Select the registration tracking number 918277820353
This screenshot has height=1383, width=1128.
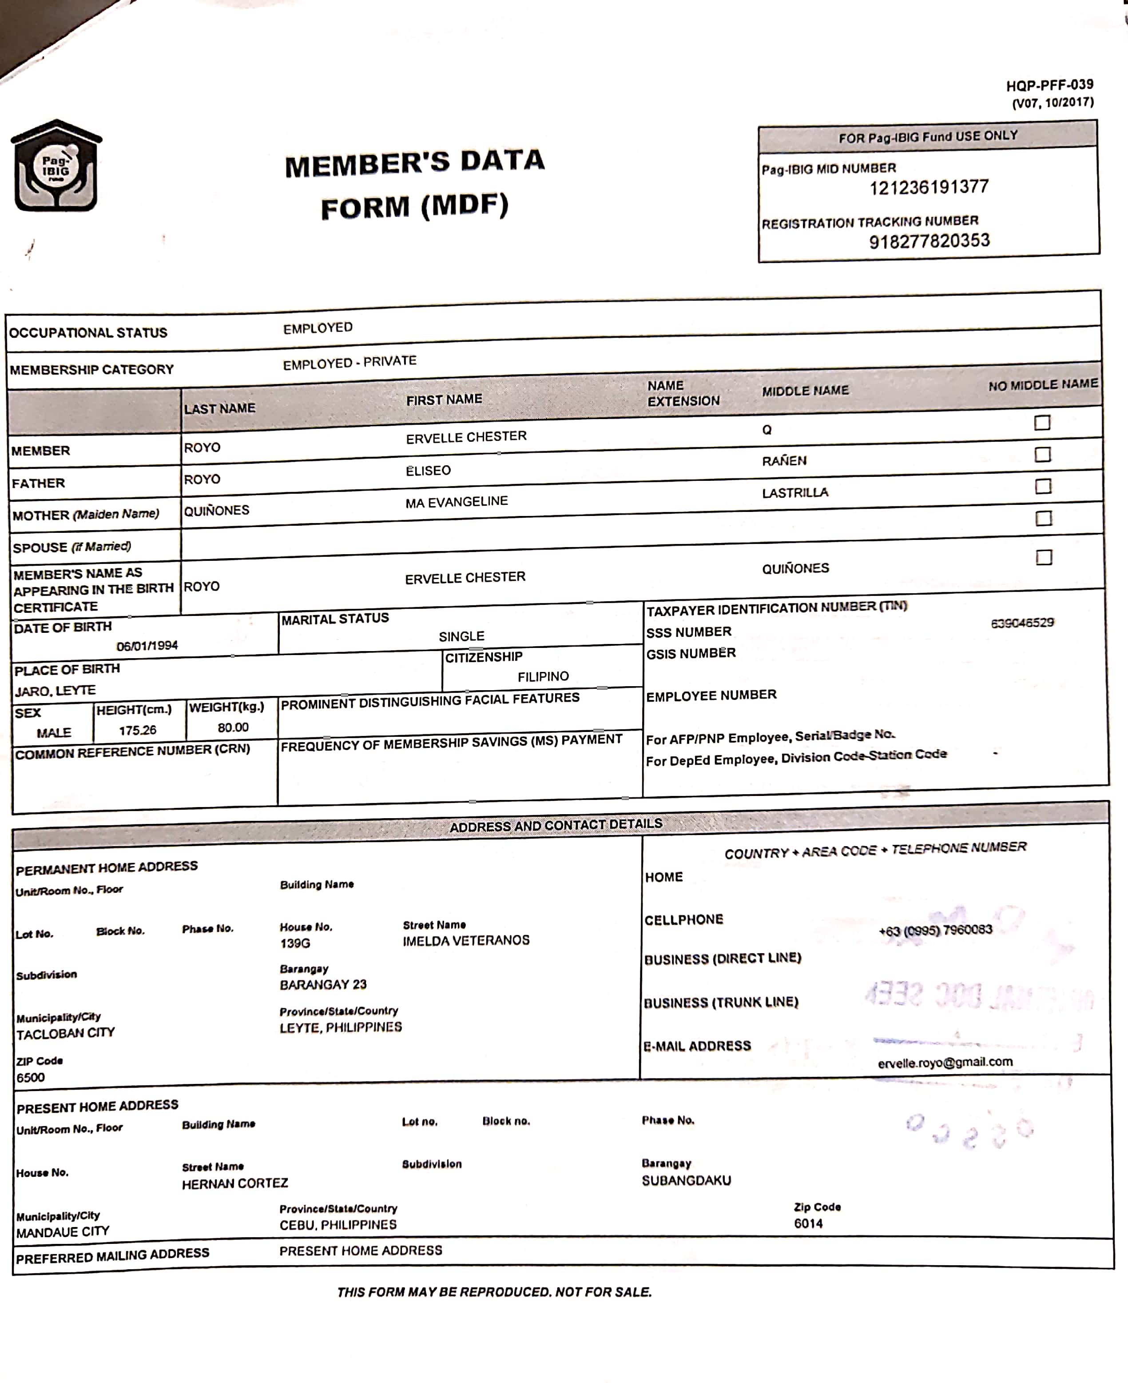click(929, 242)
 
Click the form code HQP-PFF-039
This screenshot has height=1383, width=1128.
click(1049, 85)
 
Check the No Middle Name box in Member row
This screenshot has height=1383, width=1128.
click(1041, 423)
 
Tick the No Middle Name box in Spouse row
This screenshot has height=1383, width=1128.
click(1044, 518)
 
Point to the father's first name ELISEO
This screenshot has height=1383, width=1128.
click(428, 471)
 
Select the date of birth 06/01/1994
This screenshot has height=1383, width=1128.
click(147, 646)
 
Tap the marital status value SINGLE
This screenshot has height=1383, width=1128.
click(461, 636)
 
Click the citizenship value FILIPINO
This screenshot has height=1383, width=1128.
click(543, 677)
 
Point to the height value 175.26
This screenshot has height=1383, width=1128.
click(137, 730)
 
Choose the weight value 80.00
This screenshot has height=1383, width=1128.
click(233, 727)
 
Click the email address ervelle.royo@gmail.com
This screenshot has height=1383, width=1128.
click(945, 1063)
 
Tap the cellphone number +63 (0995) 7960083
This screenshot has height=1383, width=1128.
click(935, 931)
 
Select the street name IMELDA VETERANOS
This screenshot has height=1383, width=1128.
click(466, 941)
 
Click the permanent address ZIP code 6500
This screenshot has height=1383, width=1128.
click(31, 1077)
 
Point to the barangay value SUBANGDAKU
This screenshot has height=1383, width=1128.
click(686, 1181)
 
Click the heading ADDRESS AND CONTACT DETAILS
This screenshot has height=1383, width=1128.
click(556, 826)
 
